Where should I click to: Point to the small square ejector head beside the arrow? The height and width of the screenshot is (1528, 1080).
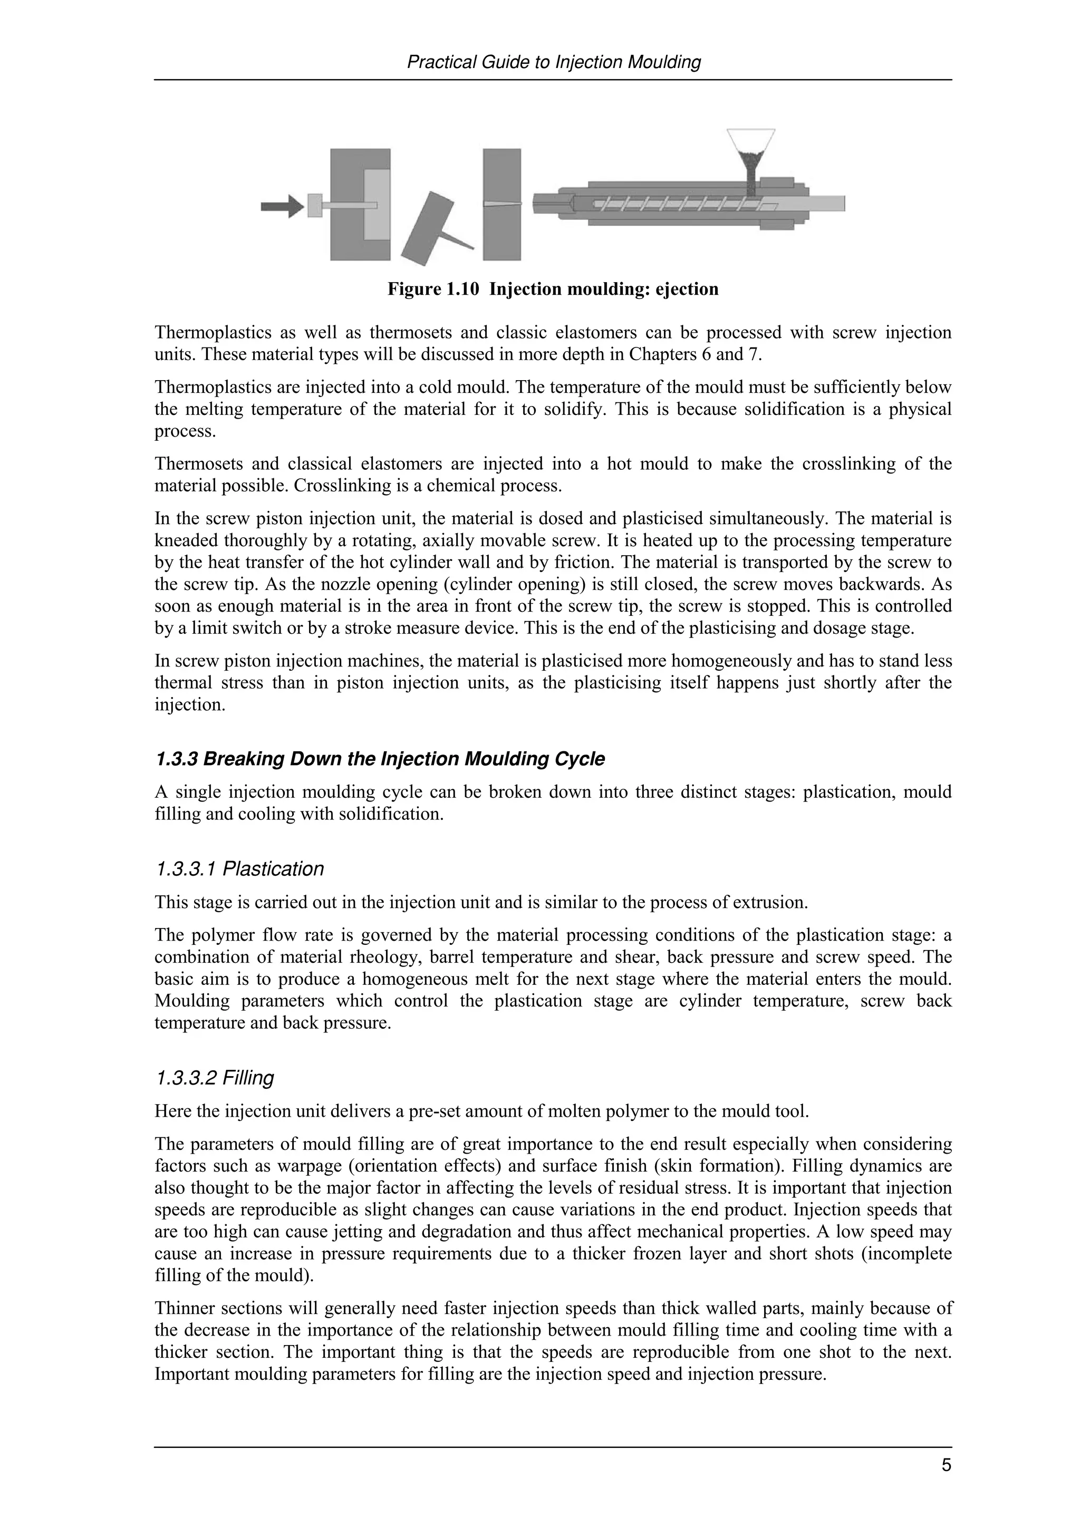tap(315, 205)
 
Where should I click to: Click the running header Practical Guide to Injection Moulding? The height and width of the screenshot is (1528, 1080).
tap(553, 63)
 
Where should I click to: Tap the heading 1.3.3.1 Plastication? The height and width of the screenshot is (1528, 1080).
tap(239, 869)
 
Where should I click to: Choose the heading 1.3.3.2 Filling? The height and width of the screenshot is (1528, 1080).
tap(214, 1078)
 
